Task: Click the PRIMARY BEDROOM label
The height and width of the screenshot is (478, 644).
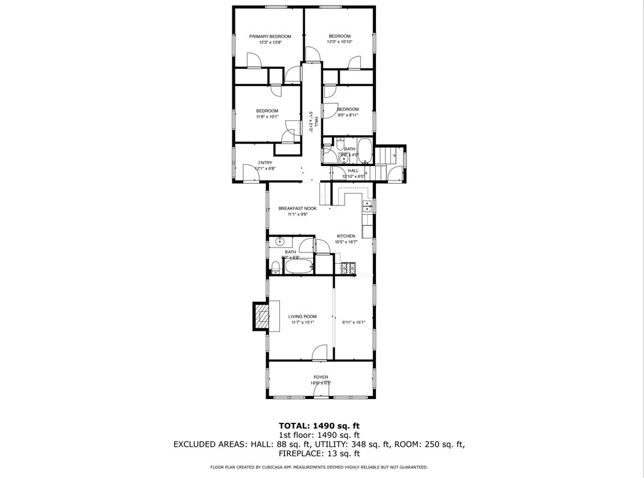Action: coord(270,36)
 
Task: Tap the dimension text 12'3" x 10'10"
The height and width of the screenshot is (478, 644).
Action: coord(340,42)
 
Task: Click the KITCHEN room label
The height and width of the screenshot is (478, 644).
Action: coord(345,236)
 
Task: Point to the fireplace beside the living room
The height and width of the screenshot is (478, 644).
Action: coord(261,316)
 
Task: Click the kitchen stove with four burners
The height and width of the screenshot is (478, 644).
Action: coord(348,269)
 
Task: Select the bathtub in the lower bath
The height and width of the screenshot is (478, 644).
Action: coord(299,268)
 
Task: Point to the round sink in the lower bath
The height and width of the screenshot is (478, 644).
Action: coord(280,241)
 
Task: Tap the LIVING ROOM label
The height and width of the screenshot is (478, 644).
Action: coord(302,316)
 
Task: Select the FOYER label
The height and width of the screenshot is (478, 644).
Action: coord(320,377)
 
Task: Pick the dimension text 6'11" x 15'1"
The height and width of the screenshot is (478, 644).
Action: coord(354,323)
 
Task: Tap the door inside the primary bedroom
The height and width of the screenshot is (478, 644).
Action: coord(254,61)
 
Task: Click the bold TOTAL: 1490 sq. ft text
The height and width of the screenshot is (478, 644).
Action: coord(319,425)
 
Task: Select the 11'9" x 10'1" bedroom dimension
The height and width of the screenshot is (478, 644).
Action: coord(267,117)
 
